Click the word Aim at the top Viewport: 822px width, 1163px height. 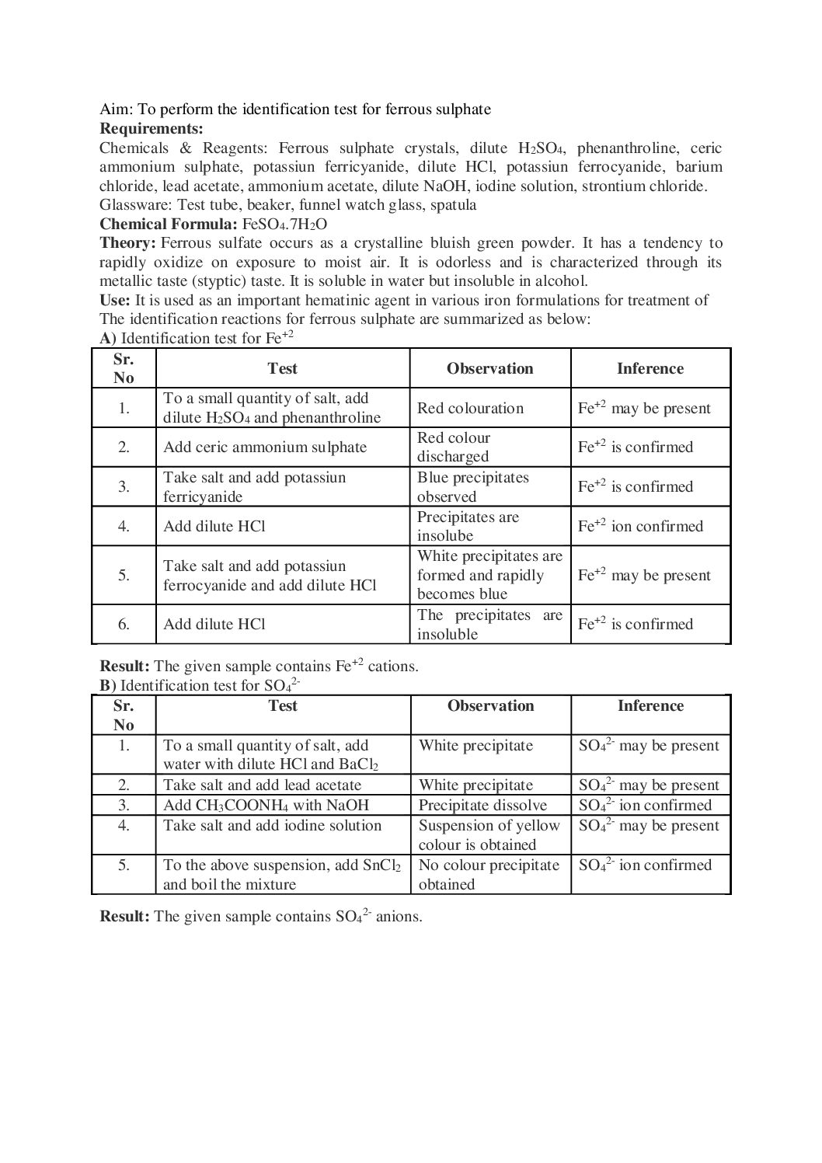point(115,110)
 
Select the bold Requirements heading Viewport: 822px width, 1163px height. point(152,128)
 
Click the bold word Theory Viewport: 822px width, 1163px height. point(127,243)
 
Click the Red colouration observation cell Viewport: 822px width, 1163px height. point(470,408)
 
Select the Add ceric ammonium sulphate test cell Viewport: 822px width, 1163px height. point(264,447)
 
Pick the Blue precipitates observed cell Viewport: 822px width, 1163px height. point(472,486)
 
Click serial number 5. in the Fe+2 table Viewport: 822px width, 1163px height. point(124,575)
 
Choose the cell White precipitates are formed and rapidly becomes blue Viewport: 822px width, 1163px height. point(489,575)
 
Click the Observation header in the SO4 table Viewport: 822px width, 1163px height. point(490,705)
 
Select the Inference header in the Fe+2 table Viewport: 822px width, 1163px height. point(650,368)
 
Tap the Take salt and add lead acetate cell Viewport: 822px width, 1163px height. point(262,785)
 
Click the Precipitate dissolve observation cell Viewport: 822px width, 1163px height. point(482,805)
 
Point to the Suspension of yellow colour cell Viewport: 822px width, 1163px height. point(489,834)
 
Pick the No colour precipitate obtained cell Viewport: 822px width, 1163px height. point(489,874)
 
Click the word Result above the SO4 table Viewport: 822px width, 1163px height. point(124,666)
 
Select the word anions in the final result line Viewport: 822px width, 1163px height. point(398,916)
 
